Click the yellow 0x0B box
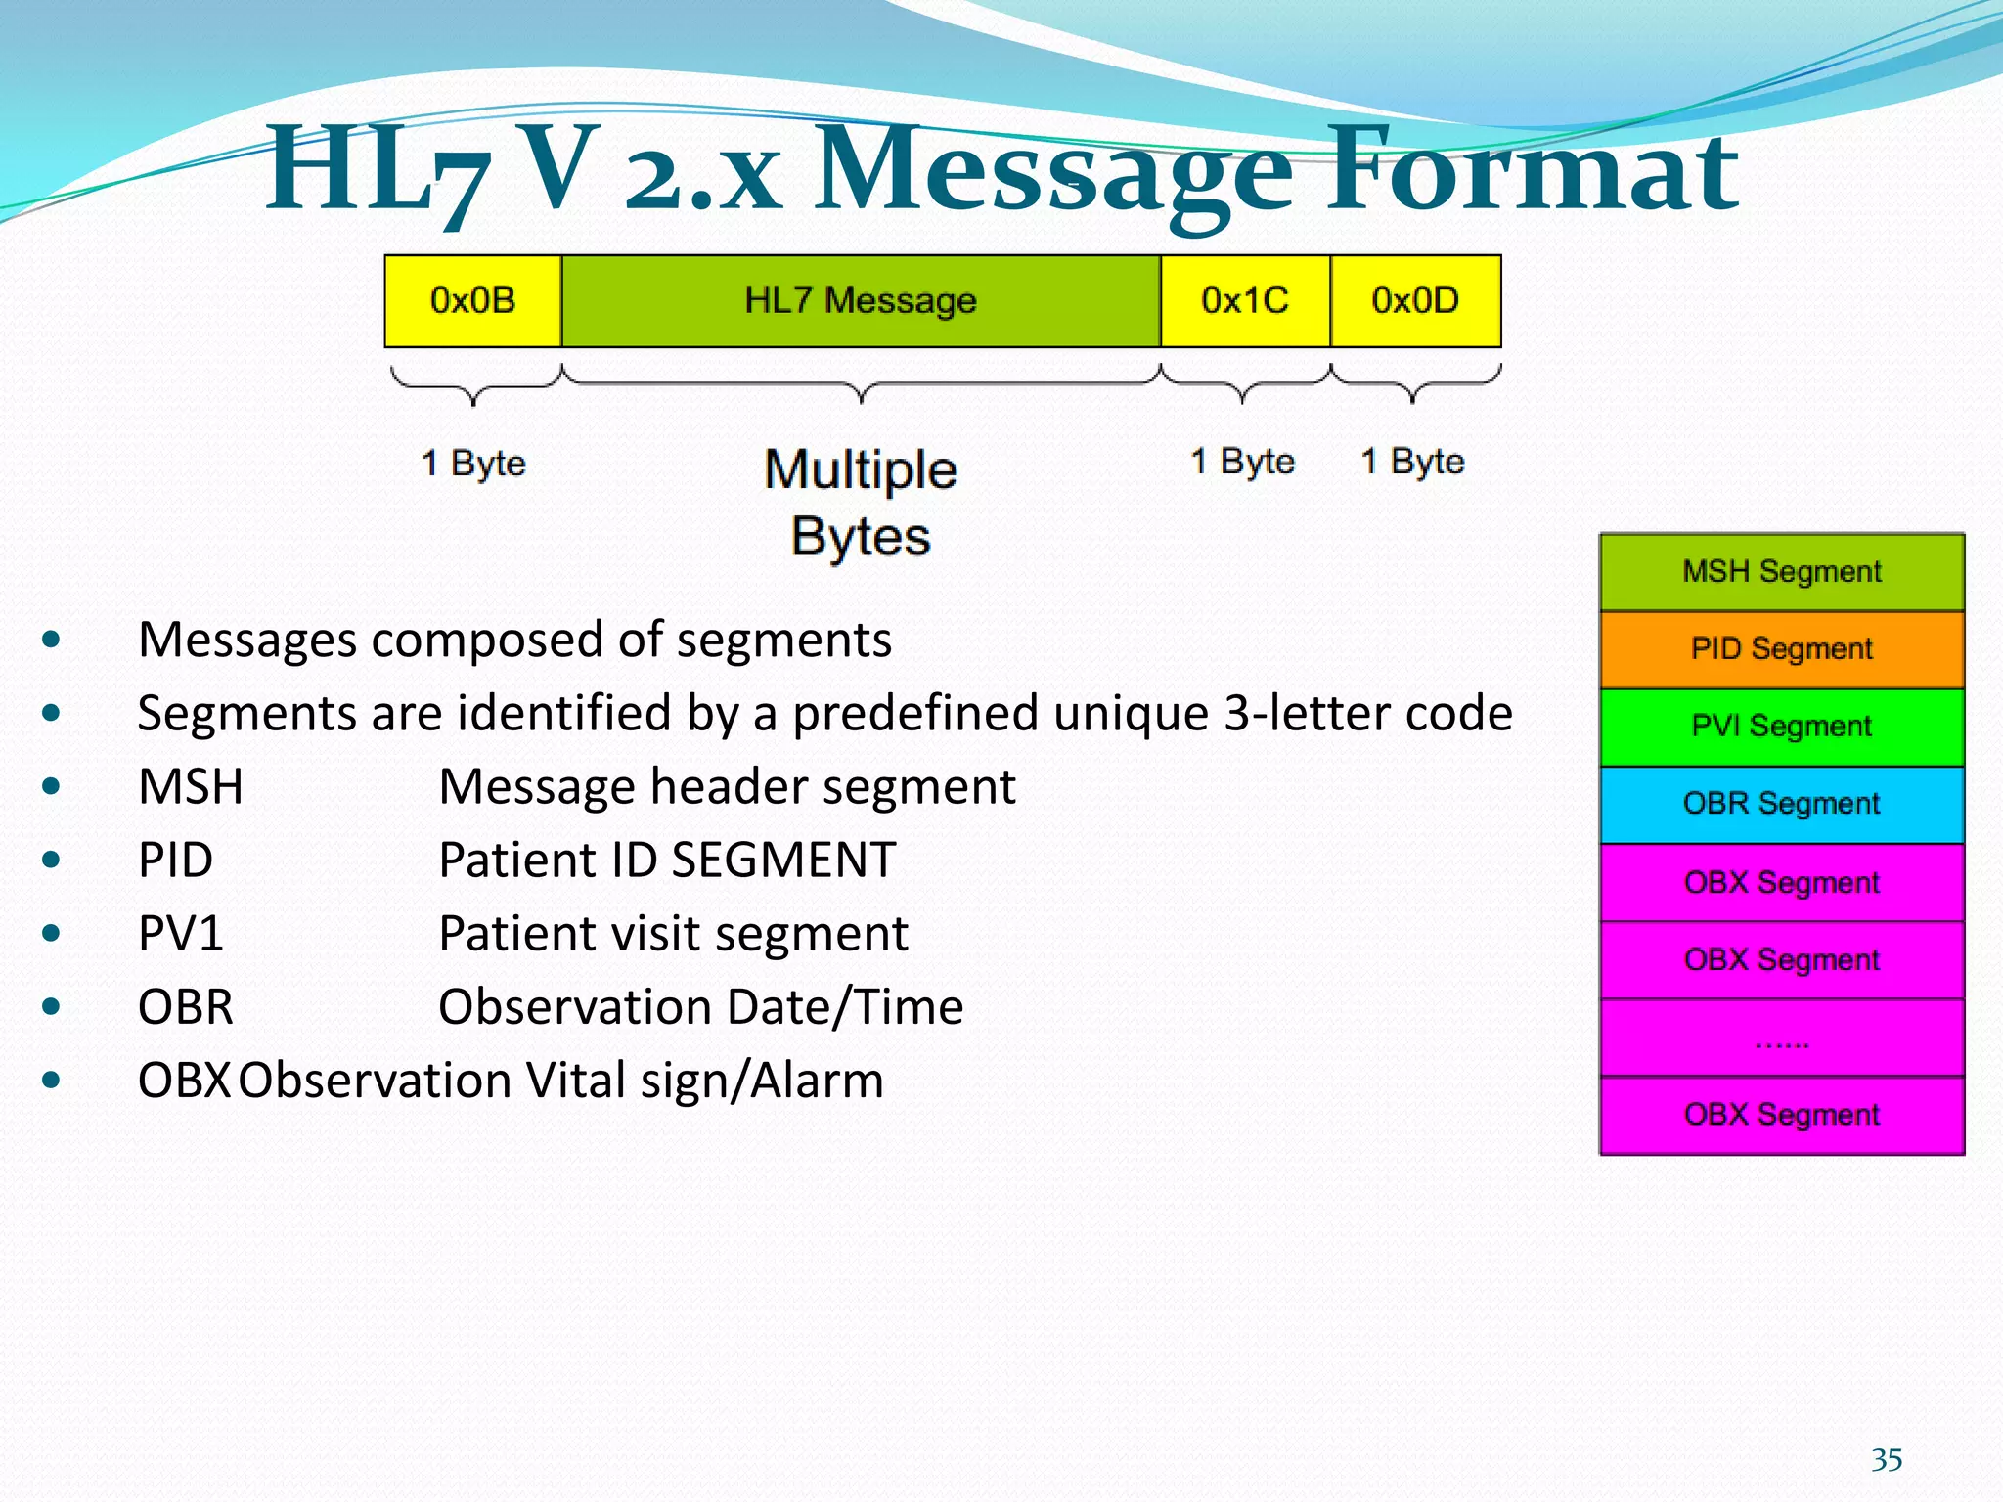coord(472,301)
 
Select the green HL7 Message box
coord(861,301)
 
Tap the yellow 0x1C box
coord(1245,301)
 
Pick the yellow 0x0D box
coord(1415,301)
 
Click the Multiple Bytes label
coord(861,503)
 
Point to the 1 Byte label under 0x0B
coord(473,463)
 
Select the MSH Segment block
coord(1781,572)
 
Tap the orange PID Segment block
coord(1781,649)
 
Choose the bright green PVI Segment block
coord(1781,727)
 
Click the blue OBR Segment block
coord(1781,804)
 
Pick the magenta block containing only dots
coord(1781,1038)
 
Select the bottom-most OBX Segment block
coord(1781,1115)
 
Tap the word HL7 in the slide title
coord(377,171)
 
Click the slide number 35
coord(1887,1460)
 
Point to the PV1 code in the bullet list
coord(181,933)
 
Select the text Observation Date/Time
coord(700,1007)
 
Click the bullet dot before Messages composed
coord(52,641)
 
